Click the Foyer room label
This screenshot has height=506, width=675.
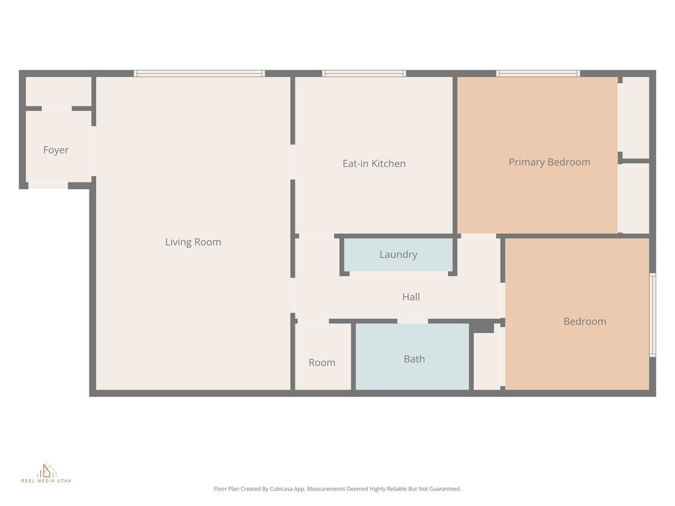coord(56,150)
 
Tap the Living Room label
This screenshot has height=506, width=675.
coord(193,242)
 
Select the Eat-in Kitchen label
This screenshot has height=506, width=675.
coord(374,164)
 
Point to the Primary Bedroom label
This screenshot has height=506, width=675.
coord(549,162)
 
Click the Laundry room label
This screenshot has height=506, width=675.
coord(398,255)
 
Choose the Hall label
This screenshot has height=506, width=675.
coord(411,297)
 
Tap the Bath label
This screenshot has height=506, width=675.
coord(414,359)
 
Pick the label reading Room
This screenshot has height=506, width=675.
coord(322,363)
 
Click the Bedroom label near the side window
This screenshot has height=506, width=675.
coord(584,322)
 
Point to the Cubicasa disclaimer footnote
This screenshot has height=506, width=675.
coord(337,489)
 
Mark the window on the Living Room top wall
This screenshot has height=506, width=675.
coord(199,73)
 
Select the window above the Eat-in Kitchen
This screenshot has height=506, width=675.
coord(364,73)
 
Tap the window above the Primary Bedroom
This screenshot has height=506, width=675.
coord(538,73)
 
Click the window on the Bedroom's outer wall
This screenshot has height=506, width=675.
coord(652,315)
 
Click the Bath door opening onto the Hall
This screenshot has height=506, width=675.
coord(412,321)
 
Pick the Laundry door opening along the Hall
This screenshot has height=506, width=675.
coord(399,274)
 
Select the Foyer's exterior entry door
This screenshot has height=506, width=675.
coord(48,186)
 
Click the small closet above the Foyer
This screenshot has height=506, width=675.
coord(58,91)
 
